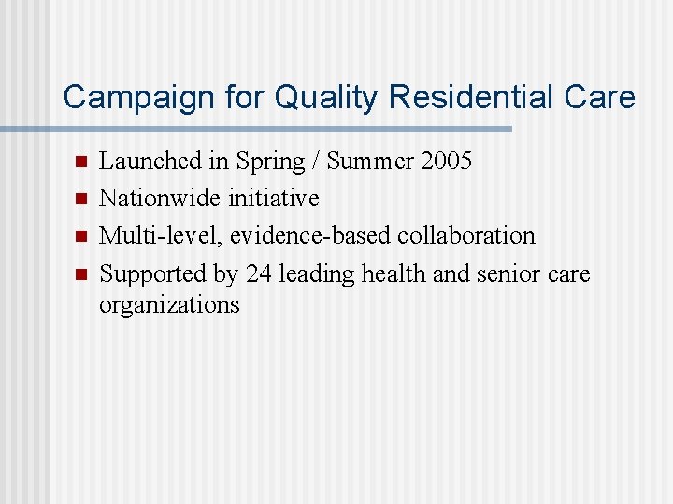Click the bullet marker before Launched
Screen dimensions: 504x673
(79, 161)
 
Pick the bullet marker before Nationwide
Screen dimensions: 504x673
(79, 199)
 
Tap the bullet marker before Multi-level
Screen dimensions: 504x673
(79, 236)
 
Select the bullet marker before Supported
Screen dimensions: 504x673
(79, 274)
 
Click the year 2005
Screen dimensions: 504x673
(446, 161)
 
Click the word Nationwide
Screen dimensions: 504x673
(161, 199)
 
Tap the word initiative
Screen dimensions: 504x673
(274, 199)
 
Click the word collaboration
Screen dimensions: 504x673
(466, 236)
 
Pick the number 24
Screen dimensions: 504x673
(257, 274)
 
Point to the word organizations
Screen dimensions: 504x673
(169, 305)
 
